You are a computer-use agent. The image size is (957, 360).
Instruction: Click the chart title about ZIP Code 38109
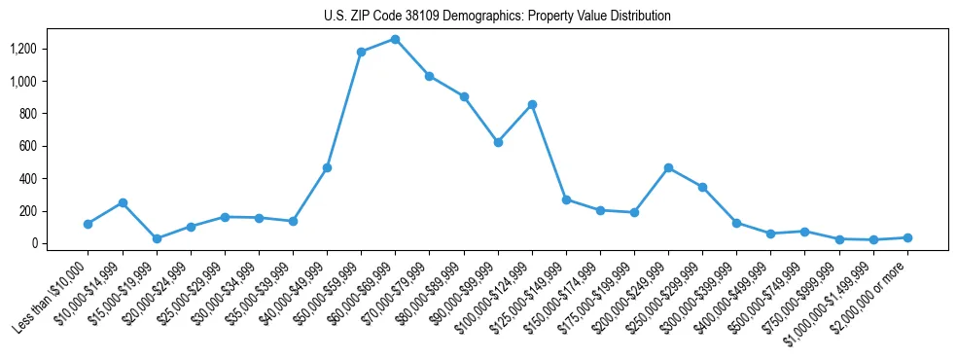pyautogui.click(x=497, y=17)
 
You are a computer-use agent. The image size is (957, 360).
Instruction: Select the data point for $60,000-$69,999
pyautogui.click(x=395, y=39)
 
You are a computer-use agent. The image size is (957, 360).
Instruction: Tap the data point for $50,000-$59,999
pyautogui.click(x=361, y=52)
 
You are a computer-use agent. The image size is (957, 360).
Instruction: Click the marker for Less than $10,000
pyautogui.click(x=89, y=224)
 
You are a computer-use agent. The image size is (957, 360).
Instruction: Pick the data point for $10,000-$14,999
pyautogui.click(x=123, y=202)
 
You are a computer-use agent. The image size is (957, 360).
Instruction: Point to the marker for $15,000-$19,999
pyautogui.click(x=157, y=238)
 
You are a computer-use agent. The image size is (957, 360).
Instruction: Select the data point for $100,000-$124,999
pyautogui.click(x=532, y=104)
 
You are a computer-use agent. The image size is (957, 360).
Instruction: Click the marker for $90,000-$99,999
pyautogui.click(x=498, y=142)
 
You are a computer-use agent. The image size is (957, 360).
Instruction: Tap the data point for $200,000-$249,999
pyautogui.click(x=668, y=167)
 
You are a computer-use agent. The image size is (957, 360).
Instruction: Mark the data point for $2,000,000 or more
pyautogui.click(x=907, y=237)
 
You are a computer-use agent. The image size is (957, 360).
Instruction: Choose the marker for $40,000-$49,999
pyautogui.click(x=327, y=167)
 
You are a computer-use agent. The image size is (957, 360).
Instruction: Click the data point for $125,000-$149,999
pyautogui.click(x=566, y=199)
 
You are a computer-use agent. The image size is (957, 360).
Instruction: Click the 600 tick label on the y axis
pyautogui.click(x=28, y=146)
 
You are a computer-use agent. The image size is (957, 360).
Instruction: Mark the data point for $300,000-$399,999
pyautogui.click(x=736, y=223)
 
